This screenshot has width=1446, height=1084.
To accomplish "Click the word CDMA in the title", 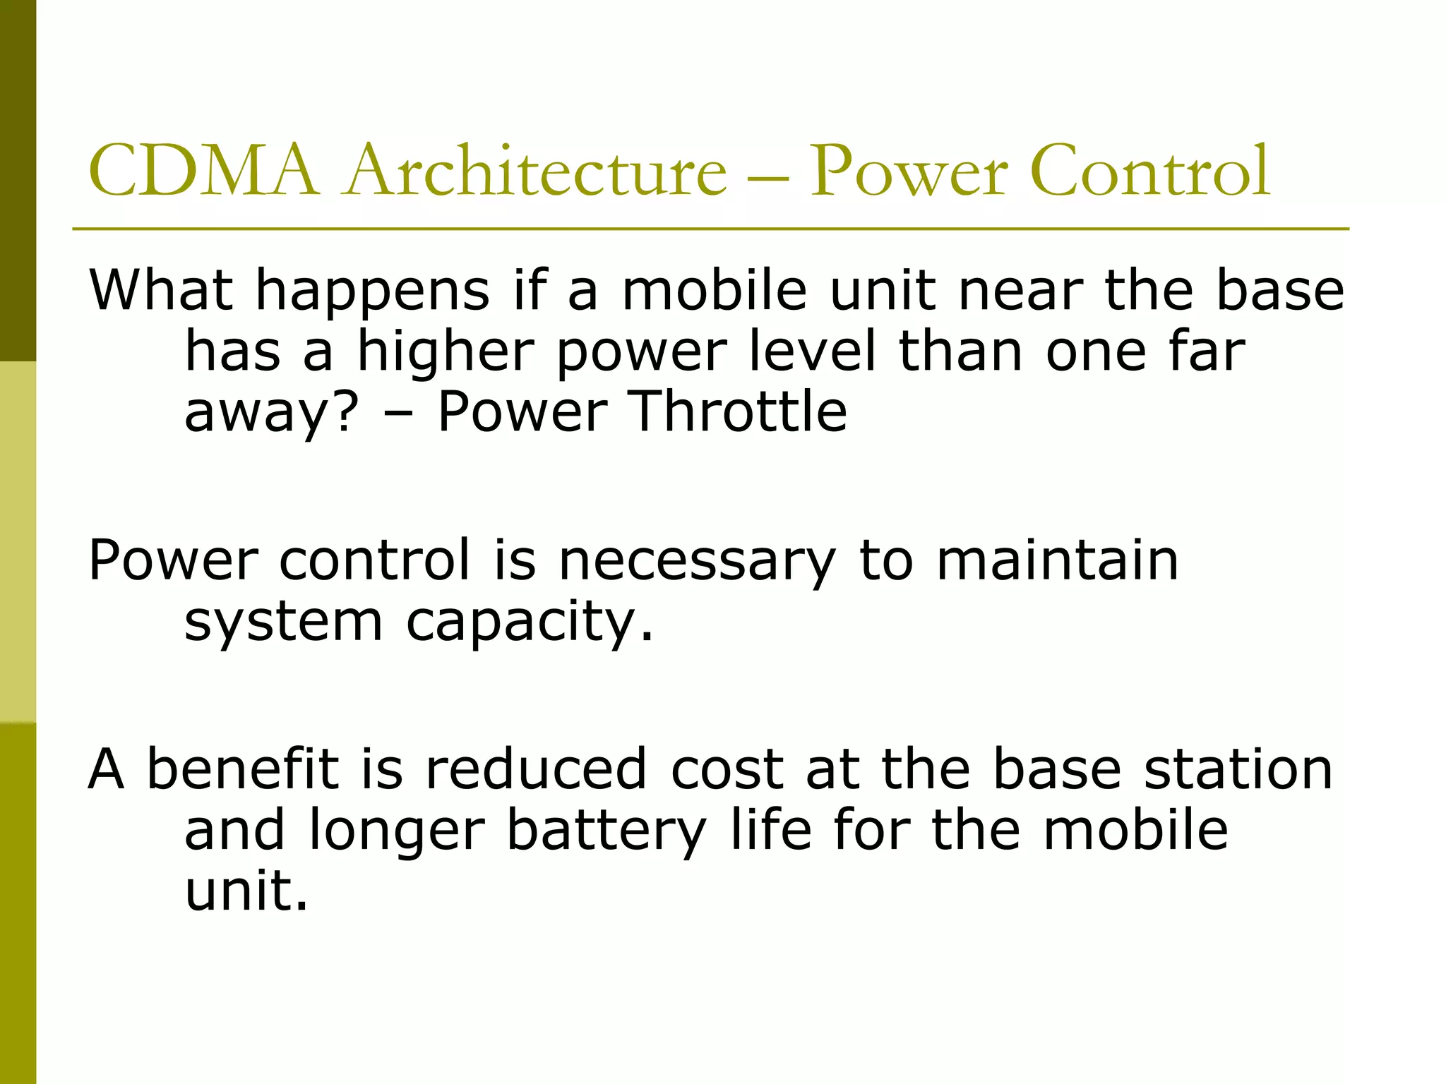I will (x=203, y=171).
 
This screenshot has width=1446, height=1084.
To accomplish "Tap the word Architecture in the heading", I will (x=534, y=171).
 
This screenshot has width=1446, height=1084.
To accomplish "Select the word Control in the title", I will (x=1149, y=171).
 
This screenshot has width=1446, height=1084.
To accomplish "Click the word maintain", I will (x=1057, y=560).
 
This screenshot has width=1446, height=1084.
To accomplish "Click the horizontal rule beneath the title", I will (x=710, y=229).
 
